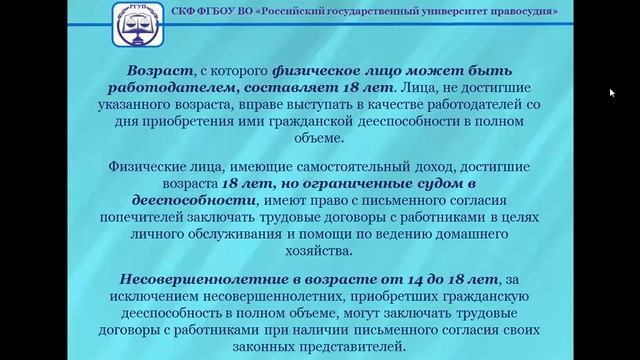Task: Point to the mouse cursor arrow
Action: click(612, 93)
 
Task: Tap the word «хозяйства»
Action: click(319, 251)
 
